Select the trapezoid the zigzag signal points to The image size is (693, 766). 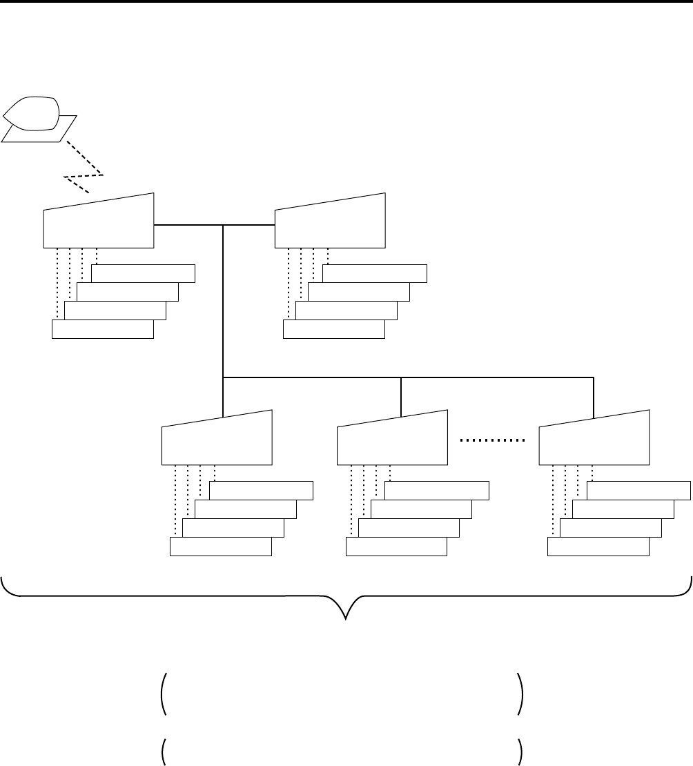coord(99,222)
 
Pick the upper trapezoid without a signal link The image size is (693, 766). coord(330,222)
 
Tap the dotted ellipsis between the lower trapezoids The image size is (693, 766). coord(493,440)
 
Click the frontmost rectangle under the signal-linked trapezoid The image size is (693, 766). coord(103,330)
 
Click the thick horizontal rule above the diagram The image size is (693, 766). coord(346,1)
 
